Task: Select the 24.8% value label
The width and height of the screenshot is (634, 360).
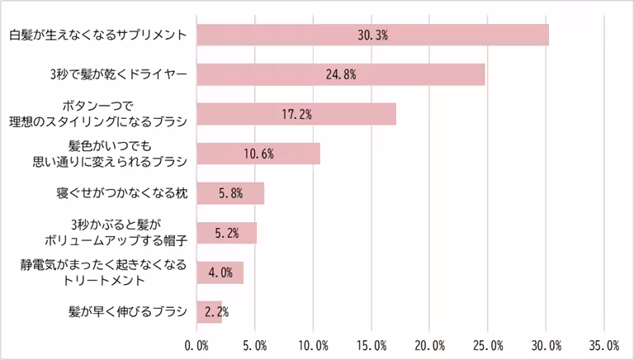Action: point(341,74)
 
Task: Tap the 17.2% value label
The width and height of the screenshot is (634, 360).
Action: point(296,114)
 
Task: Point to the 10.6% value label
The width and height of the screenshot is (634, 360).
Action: point(258,154)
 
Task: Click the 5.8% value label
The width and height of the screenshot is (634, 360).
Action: point(230,193)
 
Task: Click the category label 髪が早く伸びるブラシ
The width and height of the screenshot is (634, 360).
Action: point(129,312)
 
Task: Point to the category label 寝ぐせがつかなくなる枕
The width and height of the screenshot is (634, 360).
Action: point(122,193)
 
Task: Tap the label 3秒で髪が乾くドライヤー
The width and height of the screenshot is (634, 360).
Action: point(119,74)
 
